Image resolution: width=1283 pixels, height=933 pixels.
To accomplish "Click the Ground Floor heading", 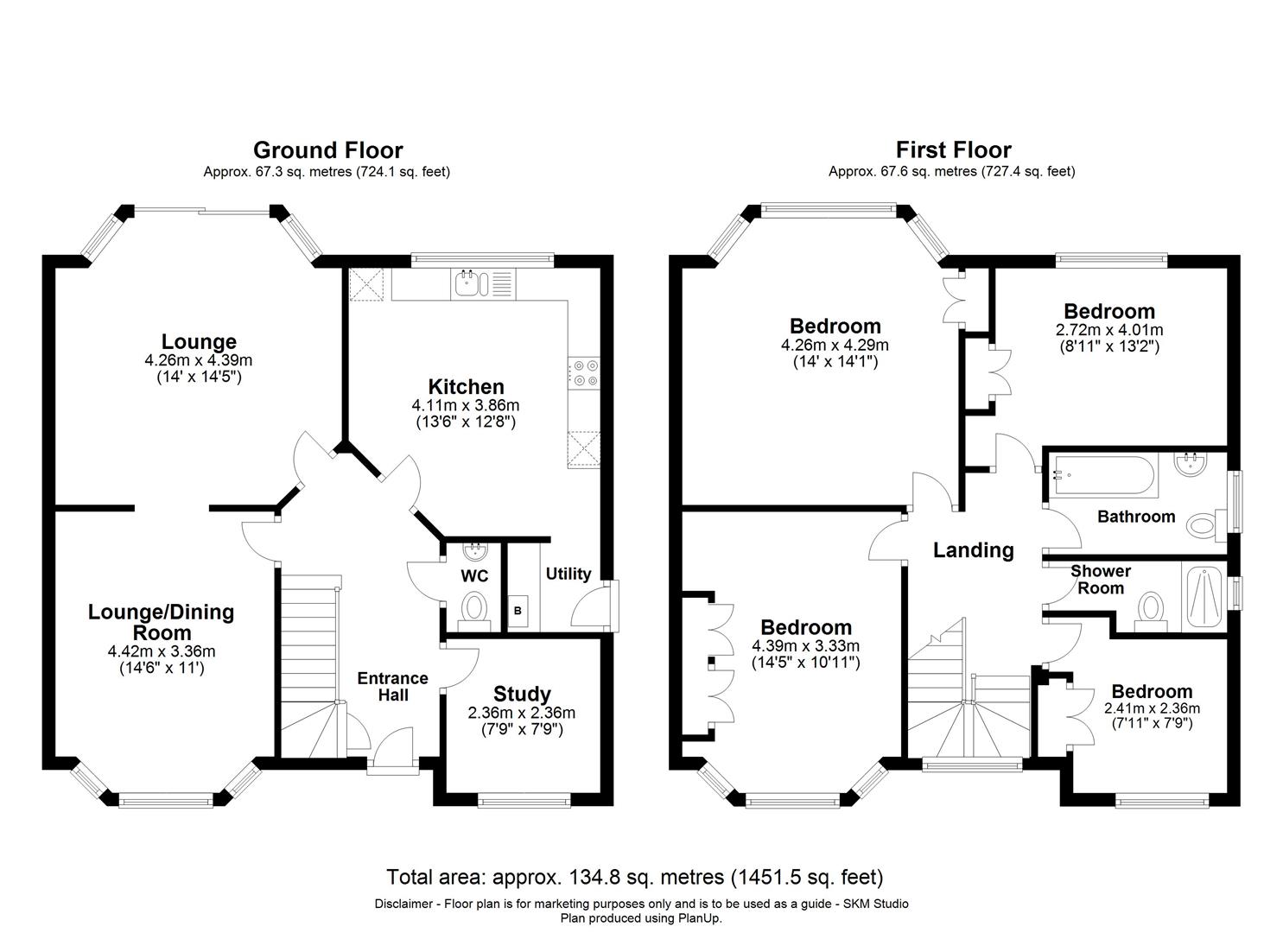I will coord(327,150).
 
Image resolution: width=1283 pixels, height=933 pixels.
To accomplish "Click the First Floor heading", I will coord(953,150).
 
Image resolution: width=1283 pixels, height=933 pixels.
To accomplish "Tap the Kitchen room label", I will coord(466,386).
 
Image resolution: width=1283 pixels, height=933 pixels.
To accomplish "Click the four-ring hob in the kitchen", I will coord(583,372).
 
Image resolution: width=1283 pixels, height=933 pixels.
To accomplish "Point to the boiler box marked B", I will coord(518,611).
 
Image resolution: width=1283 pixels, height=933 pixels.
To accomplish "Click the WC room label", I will coord(474,576).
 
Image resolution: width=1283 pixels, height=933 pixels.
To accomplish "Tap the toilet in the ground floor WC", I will coord(473,607).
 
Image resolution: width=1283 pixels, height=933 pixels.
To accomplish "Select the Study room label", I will coord(522,694).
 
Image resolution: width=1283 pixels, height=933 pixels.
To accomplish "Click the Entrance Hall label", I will coord(393,686).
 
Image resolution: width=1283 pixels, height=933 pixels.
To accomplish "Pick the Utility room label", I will coord(568,574).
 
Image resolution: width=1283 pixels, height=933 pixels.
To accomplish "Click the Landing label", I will coord(973,549).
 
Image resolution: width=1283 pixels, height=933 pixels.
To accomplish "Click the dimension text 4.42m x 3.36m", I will coord(162,651).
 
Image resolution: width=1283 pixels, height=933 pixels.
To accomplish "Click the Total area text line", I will coord(635,878).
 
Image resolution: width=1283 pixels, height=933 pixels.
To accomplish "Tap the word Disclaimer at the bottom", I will coord(406,904).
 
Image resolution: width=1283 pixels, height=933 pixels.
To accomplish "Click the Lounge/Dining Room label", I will coord(162,622).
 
